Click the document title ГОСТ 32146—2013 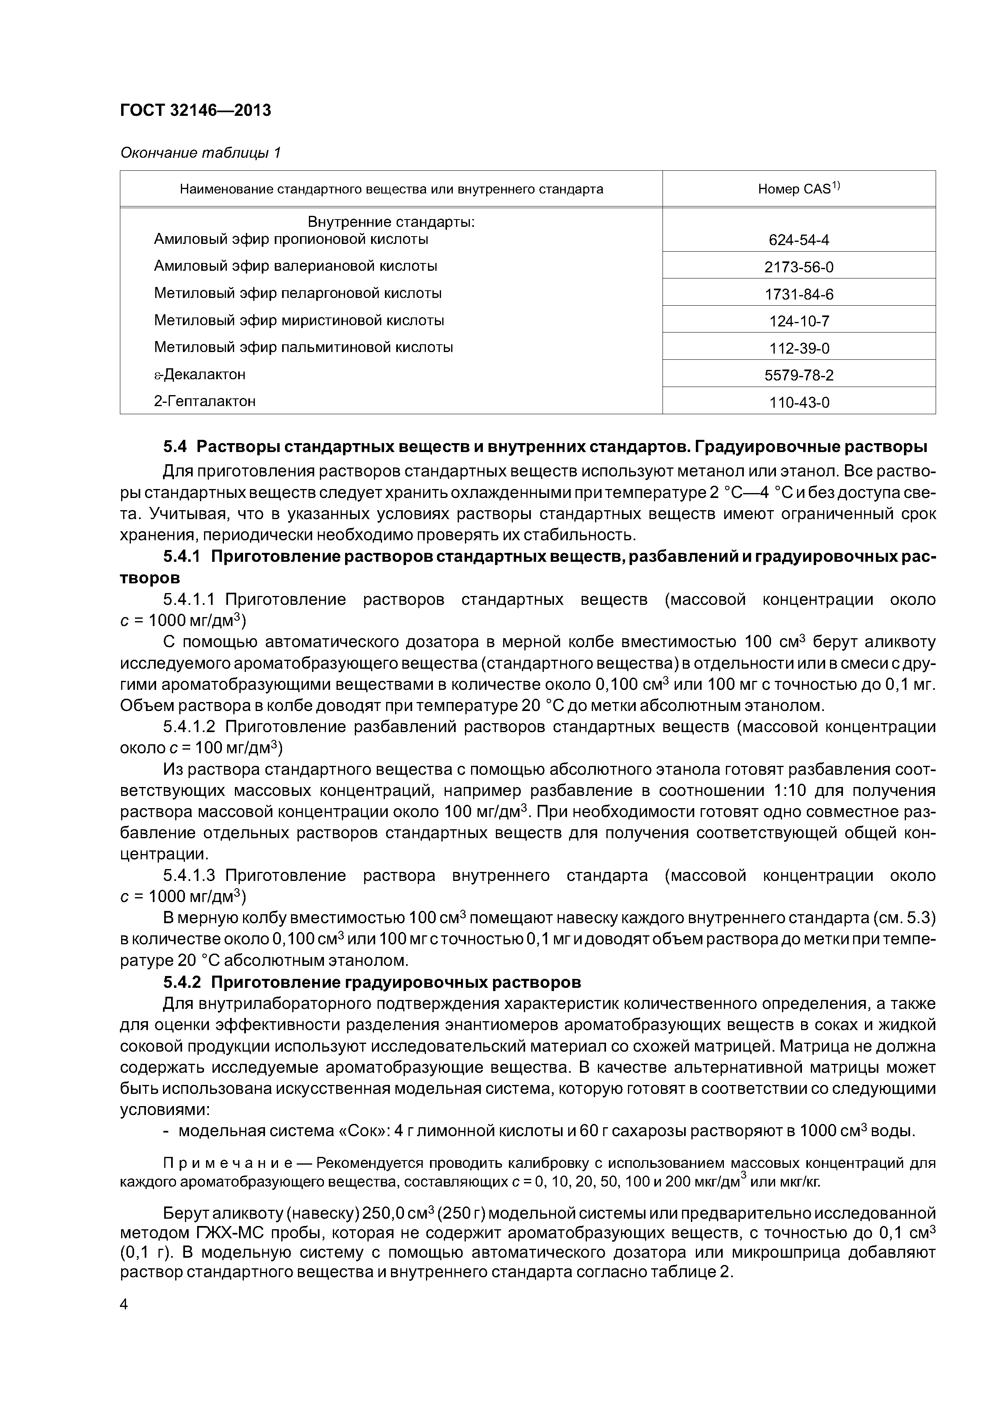point(195,111)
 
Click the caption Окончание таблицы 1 point(200,153)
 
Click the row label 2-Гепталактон point(204,401)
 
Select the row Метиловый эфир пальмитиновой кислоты point(303,347)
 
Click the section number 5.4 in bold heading point(175,447)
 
